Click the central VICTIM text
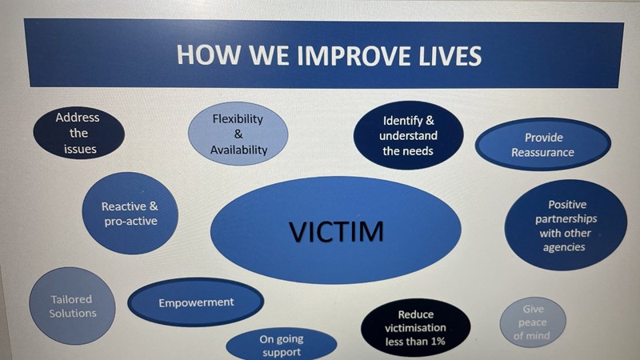(336, 231)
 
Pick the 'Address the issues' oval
(78, 133)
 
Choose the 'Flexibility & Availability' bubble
(238, 134)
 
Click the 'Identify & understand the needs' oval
(408, 135)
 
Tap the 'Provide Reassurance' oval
(543, 145)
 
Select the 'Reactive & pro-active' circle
(130, 213)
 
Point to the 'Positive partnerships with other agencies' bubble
(566, 226)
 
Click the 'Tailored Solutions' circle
(72, 306)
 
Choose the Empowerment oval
(196, 302)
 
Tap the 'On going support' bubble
(282, 344)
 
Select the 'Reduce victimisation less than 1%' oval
(415, 328)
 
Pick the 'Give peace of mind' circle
(533, 322)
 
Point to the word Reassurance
(542, 153)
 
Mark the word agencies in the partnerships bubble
(564, 247)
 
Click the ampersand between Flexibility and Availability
(238, 134)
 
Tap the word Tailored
(71, 299)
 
